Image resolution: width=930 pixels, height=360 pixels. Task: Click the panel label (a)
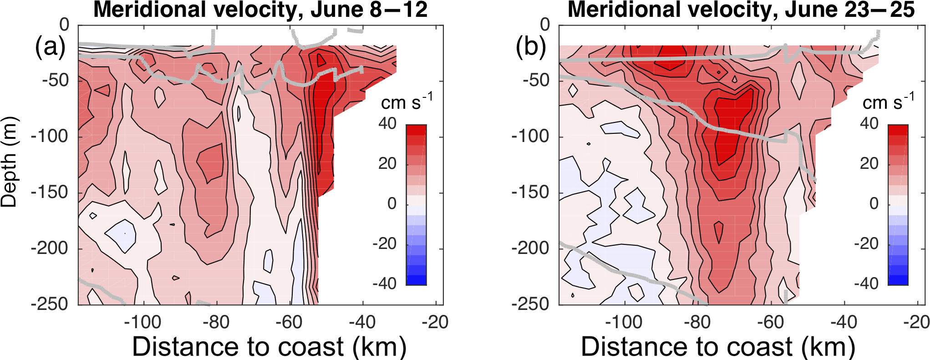(x=50, y=46)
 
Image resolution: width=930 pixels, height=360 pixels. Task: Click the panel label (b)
(x=531, y=46)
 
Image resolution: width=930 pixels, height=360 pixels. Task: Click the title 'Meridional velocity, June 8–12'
(x=260, y=10)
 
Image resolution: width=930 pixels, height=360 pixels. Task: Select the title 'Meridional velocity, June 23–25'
(x=741, y=10)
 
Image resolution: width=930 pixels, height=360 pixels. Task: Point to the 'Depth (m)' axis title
(x=9, y=162)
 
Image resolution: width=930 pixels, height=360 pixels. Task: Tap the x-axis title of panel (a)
(x=269, y=347)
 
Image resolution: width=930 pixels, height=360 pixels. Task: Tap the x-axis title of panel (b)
(x=718, y=347)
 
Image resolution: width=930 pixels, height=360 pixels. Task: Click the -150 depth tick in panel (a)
(x=50, y=192)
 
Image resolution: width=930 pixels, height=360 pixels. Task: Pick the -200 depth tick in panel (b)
(x=530, y=248)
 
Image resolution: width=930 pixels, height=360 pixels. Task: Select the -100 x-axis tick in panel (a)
(x=143, y=322)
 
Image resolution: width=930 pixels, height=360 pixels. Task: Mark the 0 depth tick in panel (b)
(x=545, y=25)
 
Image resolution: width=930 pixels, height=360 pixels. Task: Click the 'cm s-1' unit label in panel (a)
(x=407, y=102)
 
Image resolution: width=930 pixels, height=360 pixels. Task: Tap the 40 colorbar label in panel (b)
(x=869, y=123)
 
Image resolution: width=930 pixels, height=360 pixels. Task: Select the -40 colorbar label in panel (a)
(x=384, y=284)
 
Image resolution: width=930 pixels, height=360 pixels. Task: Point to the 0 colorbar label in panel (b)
(x=874, y=203)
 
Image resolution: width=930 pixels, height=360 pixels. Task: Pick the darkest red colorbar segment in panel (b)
(x=898, y=129)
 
